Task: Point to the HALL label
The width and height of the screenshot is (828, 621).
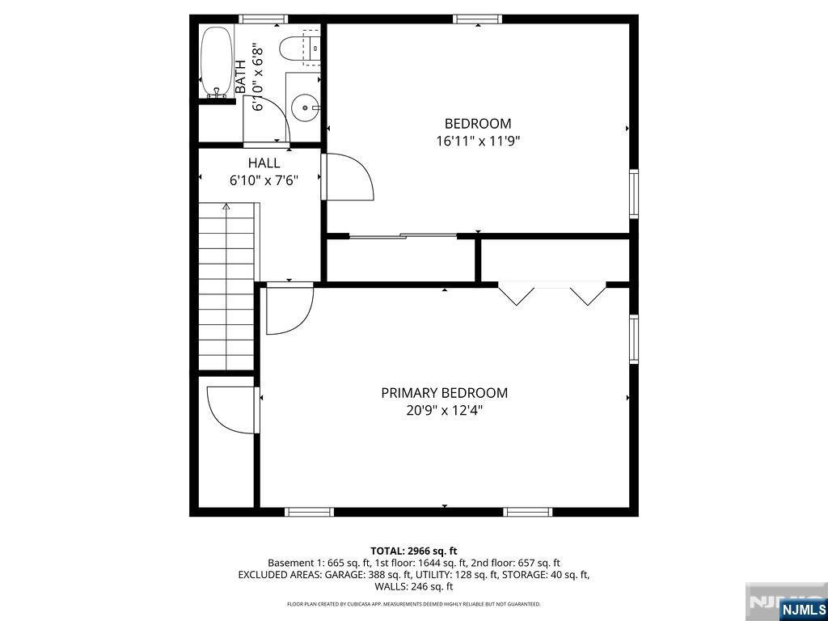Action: click(x=264, y=163)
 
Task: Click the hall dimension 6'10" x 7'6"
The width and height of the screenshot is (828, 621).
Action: click(x=264, y=181)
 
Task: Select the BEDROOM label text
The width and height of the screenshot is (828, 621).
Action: click(x=477, y=124)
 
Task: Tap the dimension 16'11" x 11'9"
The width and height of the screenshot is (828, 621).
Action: click(x=477, y=141)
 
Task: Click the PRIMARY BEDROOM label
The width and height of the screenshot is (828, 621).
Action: click(x=444, y=393)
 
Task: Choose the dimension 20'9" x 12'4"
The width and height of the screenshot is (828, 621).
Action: click(x=444, y=411)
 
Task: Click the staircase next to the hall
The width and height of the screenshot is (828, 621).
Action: click(x=227, y=287)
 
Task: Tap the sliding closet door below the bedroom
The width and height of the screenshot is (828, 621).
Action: click(x=403, y=236)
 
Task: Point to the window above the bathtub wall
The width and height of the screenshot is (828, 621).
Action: click(x=264, y=19)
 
